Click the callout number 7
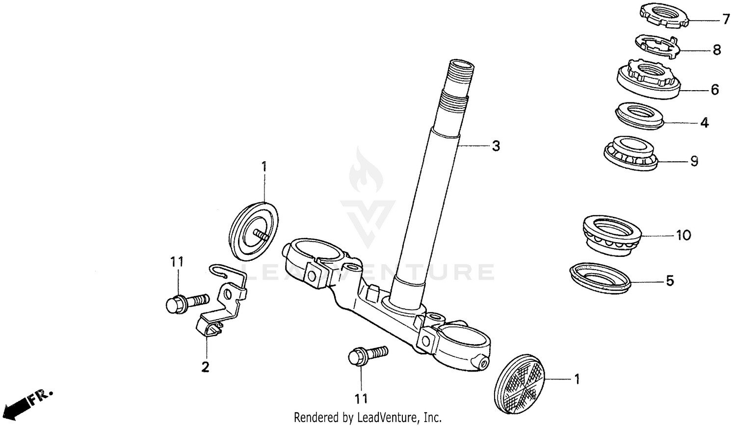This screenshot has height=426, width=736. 726,20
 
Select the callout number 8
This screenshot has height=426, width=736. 716,50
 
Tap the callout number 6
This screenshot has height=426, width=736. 714,90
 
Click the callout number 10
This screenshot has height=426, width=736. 683,235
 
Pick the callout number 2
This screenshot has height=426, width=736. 206,366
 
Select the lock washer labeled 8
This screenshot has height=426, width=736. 658,46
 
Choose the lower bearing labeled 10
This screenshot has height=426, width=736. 612,235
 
